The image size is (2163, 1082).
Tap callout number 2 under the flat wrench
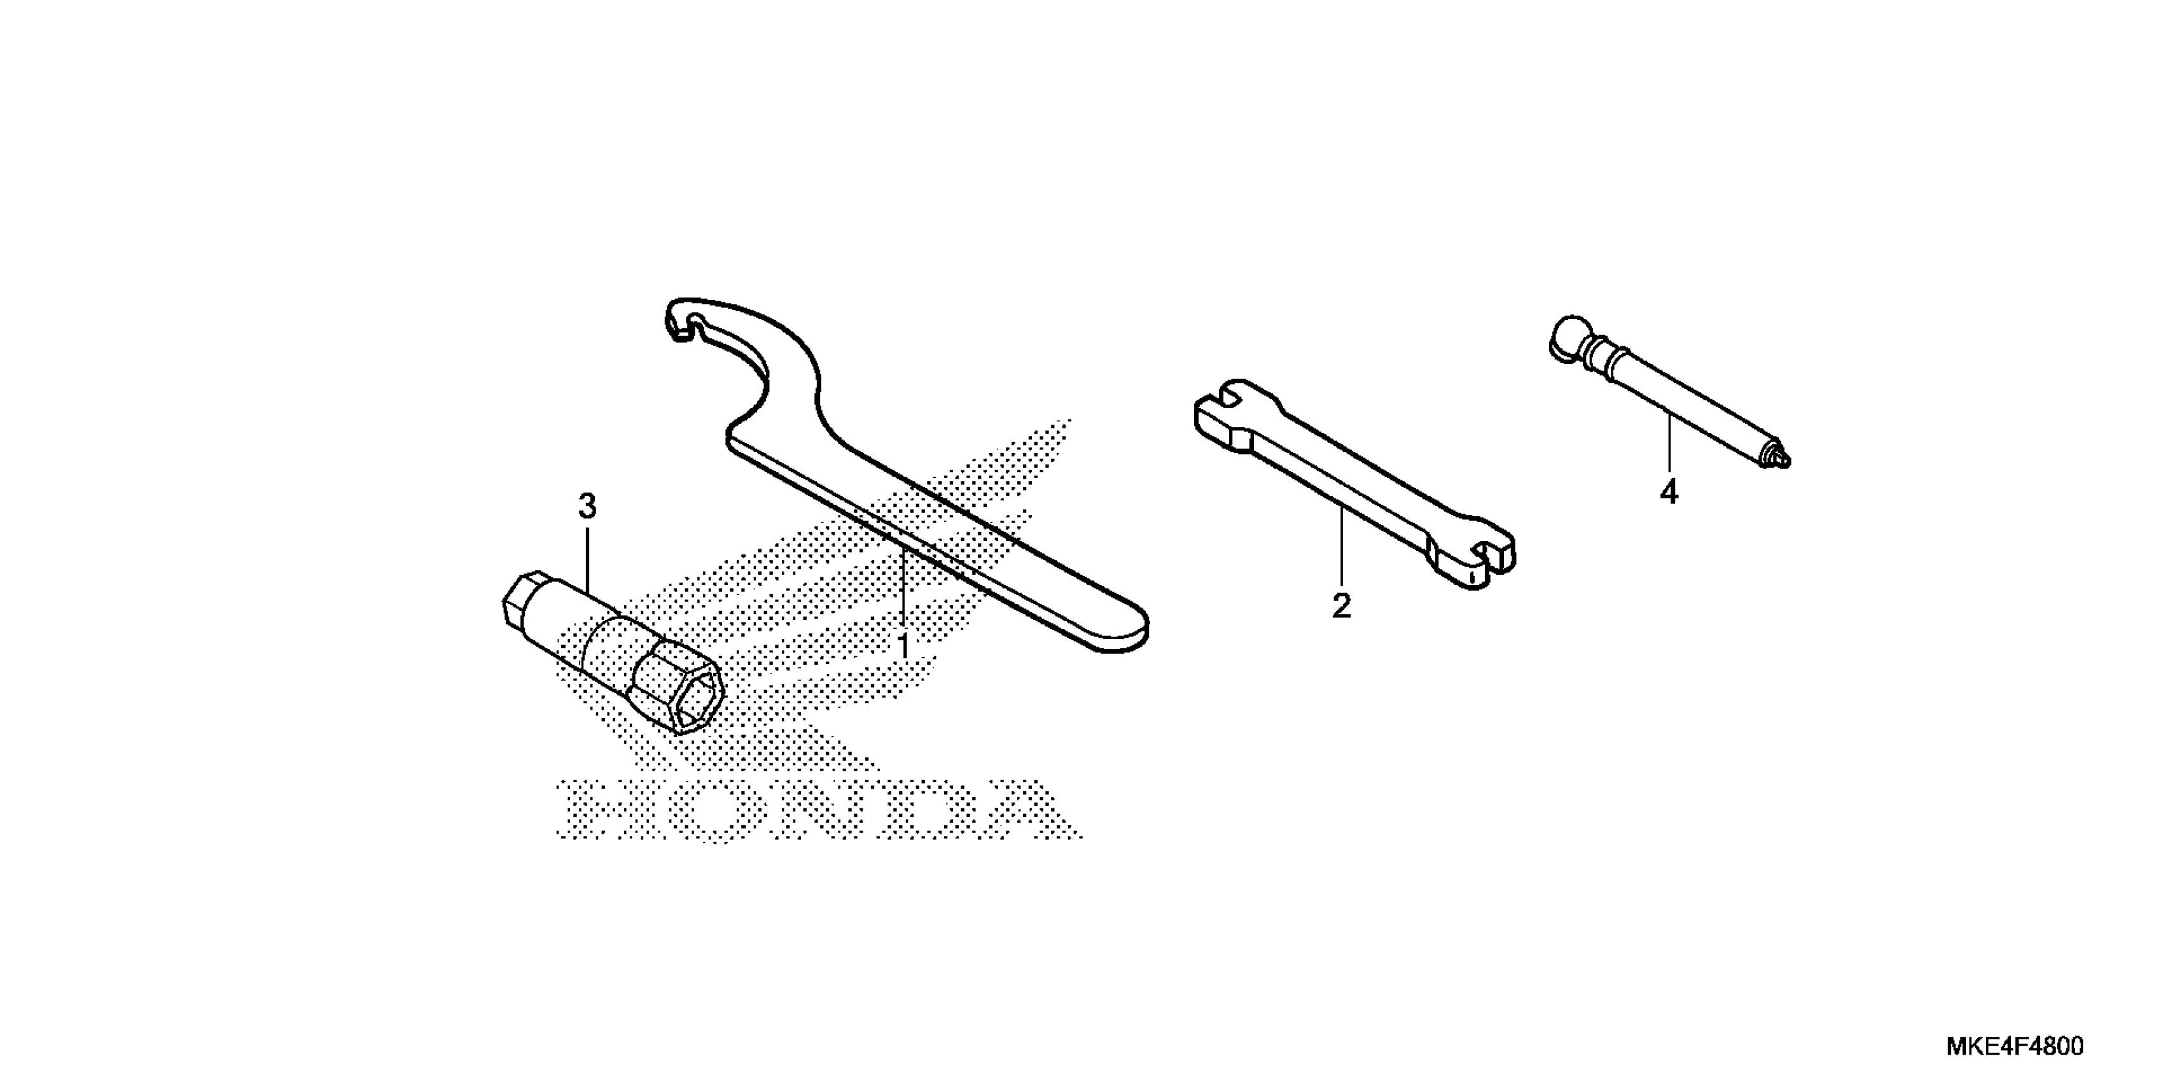(1342, 606)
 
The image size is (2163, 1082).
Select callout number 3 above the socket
(587, 507)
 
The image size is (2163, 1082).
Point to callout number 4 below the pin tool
(1669, 492)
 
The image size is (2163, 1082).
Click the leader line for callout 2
(1342, 546)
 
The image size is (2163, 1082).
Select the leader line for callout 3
(587, 563)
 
